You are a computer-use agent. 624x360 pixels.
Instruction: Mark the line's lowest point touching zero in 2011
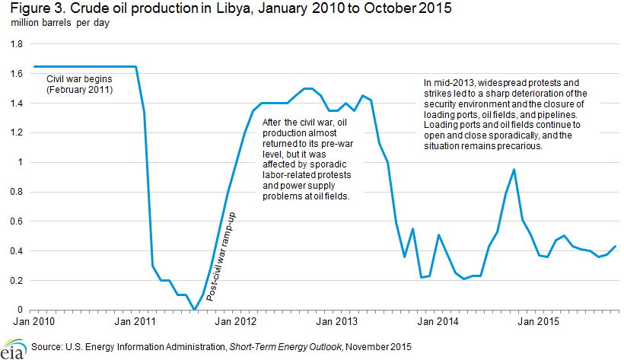195,309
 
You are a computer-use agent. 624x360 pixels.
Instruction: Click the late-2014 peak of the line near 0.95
514,170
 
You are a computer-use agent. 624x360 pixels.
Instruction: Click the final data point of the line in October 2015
615,246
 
